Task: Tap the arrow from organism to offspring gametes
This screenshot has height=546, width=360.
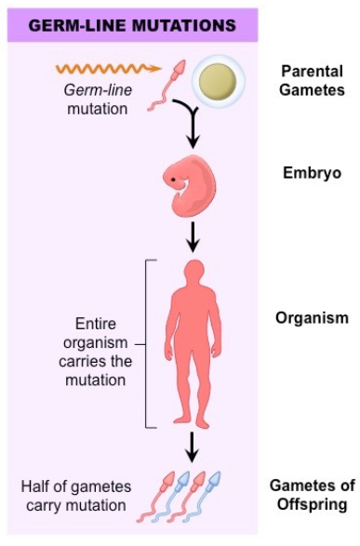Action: tap(193, 446)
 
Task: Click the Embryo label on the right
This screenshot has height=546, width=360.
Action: tap(311, 173)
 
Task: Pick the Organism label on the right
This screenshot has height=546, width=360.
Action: tap(311, 318)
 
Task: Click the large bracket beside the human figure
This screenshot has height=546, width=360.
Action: tap(150, 343)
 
